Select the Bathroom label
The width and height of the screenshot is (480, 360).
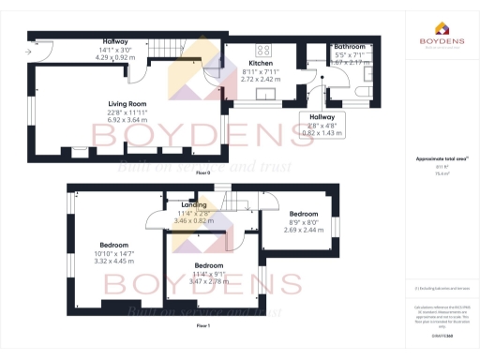(x=349, y=46)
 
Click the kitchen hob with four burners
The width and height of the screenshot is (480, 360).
(x=263, y=50)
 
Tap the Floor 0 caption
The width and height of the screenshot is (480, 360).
(x=202, y=174)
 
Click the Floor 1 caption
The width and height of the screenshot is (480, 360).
(x=202, y=324)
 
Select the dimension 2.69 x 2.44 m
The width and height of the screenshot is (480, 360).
(x=302, y=229)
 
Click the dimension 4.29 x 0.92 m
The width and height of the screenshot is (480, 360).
(x=115, y=58)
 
